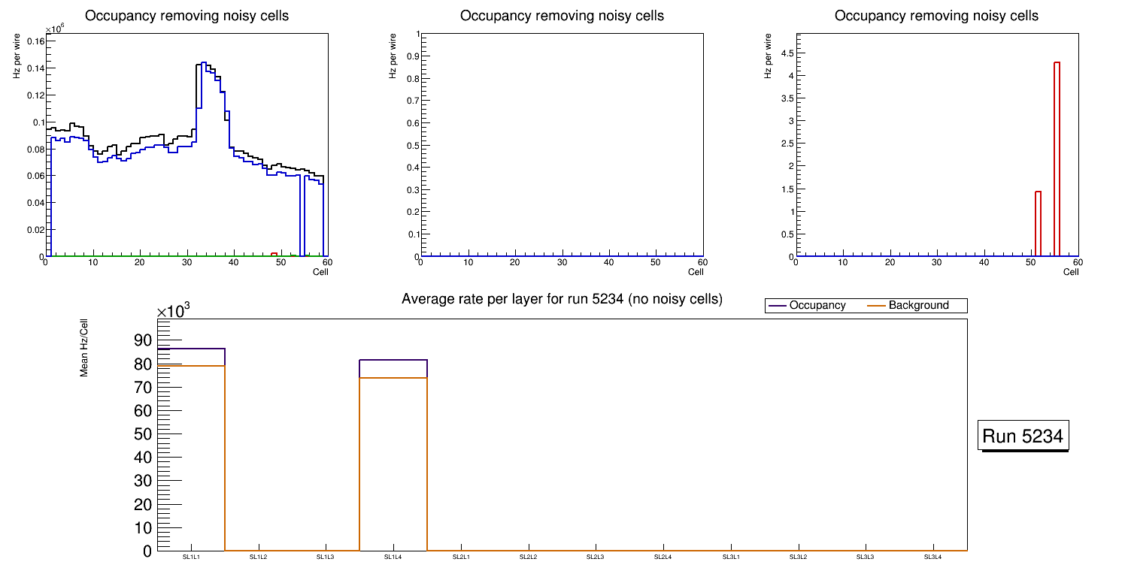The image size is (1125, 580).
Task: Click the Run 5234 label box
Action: coord(1023,436)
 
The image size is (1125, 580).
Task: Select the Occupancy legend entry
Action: coord(817,306)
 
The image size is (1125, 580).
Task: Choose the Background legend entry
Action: coord(917,306)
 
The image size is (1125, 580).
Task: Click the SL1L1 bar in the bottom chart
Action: coord(191,451)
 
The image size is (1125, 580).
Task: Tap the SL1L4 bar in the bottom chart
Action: coord(393,458)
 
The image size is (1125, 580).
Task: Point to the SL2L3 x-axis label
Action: coord(596,557)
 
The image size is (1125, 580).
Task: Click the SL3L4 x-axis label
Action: coord(932,557)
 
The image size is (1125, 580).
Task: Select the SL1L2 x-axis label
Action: coord(258,557)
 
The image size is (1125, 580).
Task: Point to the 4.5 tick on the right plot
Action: coord(784,53)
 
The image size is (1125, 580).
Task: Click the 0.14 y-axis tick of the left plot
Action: coord(35,68)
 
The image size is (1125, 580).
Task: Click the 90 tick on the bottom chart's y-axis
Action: coord(143,340)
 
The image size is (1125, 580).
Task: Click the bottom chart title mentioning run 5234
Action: coord(562,299)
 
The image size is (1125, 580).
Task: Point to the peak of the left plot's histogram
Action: coord(203,63)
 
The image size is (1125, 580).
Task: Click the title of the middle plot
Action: coord(562,16)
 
